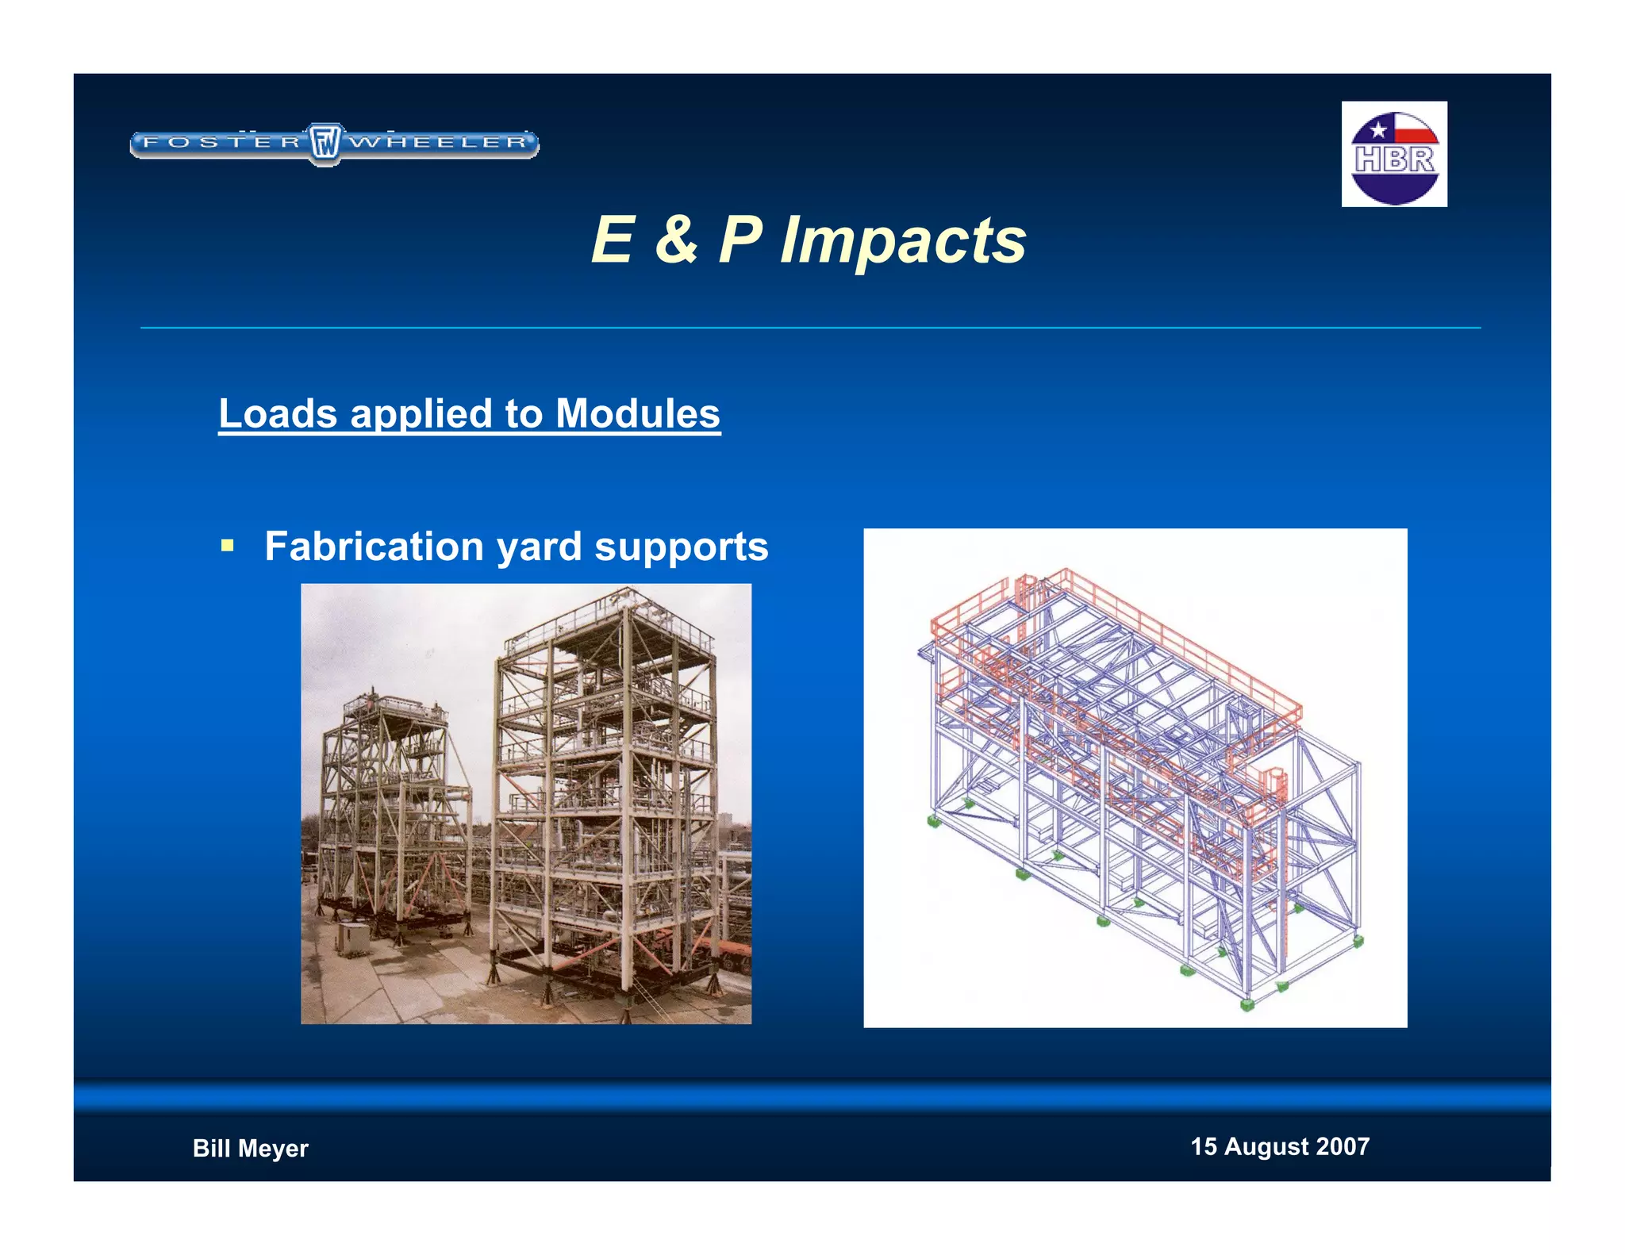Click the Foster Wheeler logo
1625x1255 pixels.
[x=334, y=144]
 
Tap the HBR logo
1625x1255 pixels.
[x=1394, y=154]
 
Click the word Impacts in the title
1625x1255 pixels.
[x=903, y=240]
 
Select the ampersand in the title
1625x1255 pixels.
[x=676, y=240]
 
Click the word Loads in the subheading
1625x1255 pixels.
[x=278, y=413]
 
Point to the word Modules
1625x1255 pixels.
[x=637, y=413]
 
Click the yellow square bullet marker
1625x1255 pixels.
[x=228, y=545]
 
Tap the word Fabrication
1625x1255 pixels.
[x=374, y=546]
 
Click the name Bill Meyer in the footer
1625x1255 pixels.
[x=250, y=1148]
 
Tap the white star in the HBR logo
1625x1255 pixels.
[x=1378, y=129]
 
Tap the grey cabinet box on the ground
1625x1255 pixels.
[x=352, y=938]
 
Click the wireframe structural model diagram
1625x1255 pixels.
[x=1135, y=777]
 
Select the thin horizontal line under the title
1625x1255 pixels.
[x=809, y=328]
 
